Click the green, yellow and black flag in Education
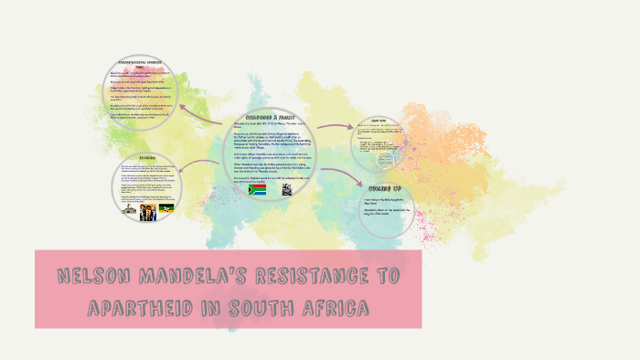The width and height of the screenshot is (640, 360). tap(167, 209)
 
